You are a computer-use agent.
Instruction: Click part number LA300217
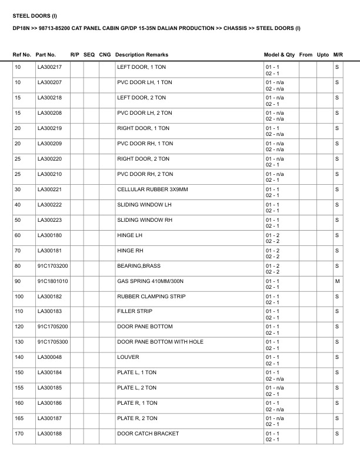[49, 68]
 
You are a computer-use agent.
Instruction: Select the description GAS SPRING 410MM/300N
[146, 281]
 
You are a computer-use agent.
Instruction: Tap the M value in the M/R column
[337, 281]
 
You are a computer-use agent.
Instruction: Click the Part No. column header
[46, 55]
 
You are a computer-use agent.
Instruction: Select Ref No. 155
[19, 388]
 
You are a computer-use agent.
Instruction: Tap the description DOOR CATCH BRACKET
[148, 434]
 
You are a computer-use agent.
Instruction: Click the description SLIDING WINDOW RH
[144, 220]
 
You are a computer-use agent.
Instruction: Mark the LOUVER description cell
[128, 357]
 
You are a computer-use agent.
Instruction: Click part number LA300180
[49, 235]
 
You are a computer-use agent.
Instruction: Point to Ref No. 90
[18, 281]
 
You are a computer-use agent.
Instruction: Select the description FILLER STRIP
[135, 311]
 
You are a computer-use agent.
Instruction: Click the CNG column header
[105, 55]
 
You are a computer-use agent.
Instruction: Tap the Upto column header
[323, 55]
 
